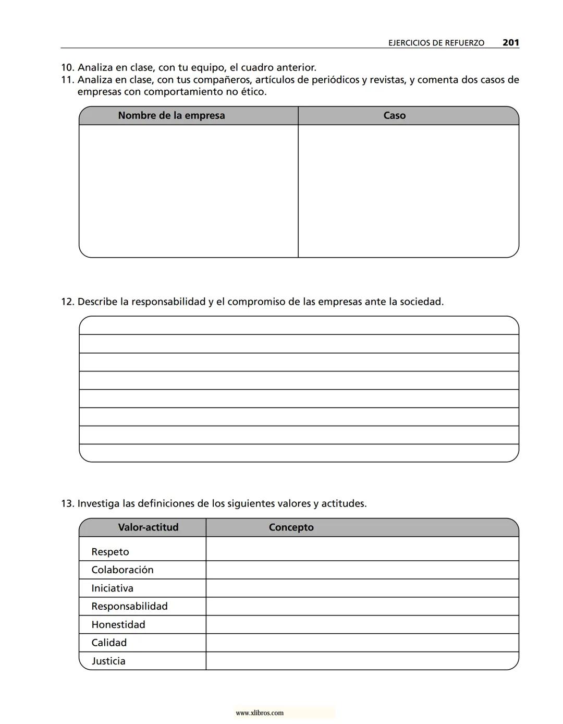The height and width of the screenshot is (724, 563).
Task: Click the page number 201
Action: click(510, 43)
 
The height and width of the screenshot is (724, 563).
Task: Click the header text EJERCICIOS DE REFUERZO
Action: click(436, 43)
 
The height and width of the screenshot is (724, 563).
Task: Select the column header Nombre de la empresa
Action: click(171, 116)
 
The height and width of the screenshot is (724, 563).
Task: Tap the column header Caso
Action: click(394, 116)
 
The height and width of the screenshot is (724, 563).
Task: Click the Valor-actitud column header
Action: click(148, 527)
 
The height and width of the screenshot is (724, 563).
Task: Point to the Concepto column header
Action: click(291, 527)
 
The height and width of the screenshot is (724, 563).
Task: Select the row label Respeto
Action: click(110, 552)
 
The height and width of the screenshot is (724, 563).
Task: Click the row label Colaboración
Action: click(123, 570)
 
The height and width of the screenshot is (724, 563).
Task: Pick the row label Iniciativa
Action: click(112, 588)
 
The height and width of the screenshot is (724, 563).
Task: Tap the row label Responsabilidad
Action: click(129, 606)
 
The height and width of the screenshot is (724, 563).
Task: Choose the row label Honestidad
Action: click(118, 625)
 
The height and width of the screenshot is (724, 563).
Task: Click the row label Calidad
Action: click(109, 643)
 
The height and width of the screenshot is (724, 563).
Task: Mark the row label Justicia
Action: click(108, 661)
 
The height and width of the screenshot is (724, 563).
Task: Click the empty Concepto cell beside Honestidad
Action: click(362, 625)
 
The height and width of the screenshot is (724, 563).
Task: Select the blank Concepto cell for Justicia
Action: click(362, 661)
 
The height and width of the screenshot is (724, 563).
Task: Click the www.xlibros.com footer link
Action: click(260, 713)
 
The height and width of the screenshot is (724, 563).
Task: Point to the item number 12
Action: click(67, 302)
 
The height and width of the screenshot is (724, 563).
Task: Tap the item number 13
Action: click(67, 504)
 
